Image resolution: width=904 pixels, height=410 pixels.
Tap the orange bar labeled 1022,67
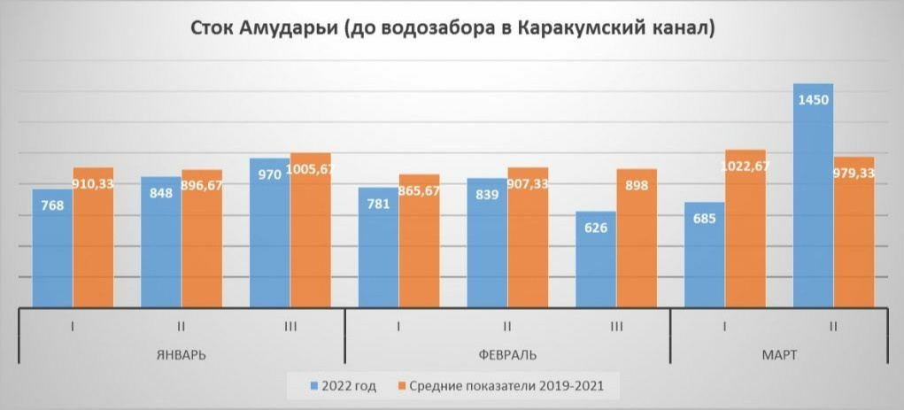pos(746,230)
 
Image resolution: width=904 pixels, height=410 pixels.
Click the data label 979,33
pos(854,174)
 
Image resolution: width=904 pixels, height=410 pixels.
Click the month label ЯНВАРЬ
pos(181,355)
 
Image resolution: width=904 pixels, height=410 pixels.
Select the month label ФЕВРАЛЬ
pos(506,355)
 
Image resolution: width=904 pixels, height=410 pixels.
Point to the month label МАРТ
pos(779,355)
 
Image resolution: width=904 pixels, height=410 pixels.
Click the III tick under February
pos(615,327)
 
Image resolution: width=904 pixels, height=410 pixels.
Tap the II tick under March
pos(833,327)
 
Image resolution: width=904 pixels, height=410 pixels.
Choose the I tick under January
pos(73,327)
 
